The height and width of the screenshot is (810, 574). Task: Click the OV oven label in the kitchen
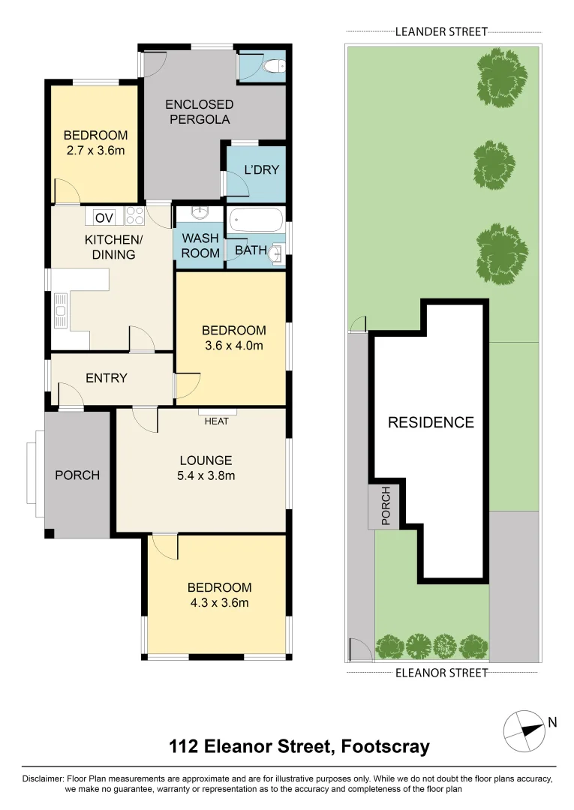[x=104, y=217]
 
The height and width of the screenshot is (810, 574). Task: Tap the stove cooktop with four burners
[x=134, y=216]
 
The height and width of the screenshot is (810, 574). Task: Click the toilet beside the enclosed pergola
[x=275, y=67]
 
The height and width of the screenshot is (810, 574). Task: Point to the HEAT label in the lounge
[x=217, y=421]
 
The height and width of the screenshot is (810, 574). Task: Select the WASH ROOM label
[x=200, y=246]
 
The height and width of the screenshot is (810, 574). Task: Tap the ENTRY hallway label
[x=107, y=378]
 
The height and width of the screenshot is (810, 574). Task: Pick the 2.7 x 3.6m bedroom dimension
[x=95, y=151]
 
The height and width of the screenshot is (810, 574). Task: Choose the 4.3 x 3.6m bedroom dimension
[x=218, y=602]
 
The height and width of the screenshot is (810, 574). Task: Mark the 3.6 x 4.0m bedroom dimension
[x=233, y=346]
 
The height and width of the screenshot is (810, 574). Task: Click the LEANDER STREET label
[x=441, y=31]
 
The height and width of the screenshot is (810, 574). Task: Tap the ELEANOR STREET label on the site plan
[x=441, y=673]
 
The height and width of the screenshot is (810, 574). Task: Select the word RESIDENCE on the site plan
[x=431, y=422]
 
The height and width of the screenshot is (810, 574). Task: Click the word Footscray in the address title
[x=385, y=747]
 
